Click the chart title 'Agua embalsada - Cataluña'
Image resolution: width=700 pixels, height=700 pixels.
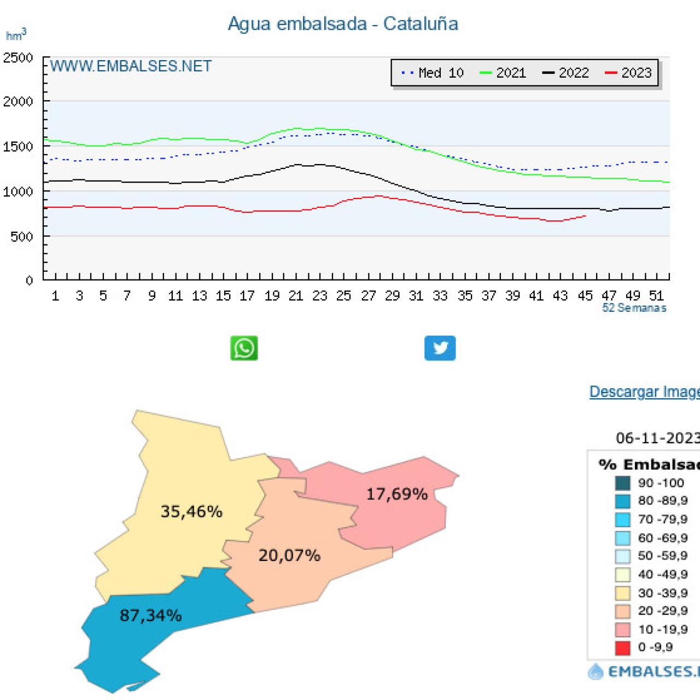[x=343, y=24]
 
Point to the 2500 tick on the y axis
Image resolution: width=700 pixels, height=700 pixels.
[x=19, y=58]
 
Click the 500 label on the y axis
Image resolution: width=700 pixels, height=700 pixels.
[x=22, y=237]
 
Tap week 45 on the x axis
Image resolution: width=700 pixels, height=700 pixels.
[x=585, y=296]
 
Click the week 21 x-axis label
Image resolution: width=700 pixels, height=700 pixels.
[x=296, y=296]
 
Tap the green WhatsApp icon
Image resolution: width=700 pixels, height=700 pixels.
[x=244, y=348]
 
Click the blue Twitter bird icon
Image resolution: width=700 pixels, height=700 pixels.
[x=440, y=348]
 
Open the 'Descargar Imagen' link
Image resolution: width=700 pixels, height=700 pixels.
[x=644, y=392]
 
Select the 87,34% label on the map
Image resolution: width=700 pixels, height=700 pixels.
[x=150, y=616]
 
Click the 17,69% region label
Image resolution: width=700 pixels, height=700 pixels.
[x=396, y=494]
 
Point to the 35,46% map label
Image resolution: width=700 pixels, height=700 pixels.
[x=191, y=512]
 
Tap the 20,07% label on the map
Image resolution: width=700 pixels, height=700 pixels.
[x=289, y=556]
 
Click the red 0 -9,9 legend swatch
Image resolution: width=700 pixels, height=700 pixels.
[x=622, y=648]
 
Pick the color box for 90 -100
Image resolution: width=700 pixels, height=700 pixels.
[x=622, y=483]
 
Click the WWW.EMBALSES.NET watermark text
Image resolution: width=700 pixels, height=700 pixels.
[x=131, y=67]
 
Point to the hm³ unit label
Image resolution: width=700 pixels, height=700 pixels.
[x=16, y=36]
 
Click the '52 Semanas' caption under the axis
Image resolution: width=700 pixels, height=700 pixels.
[x=634, y=308]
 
